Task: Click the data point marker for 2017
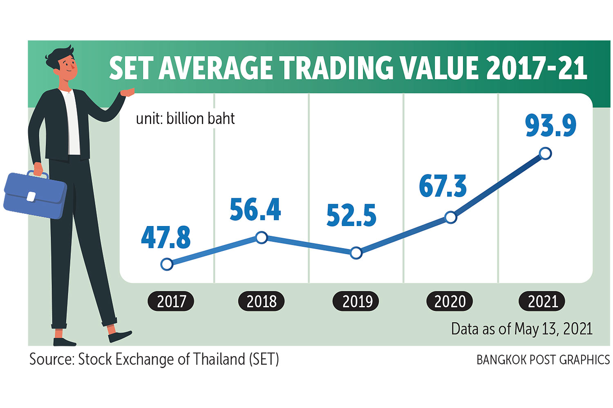pyautogui.click(x=167, y=264)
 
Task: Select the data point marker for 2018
pyautogui.click(x=262, y=237)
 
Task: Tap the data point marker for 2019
pyautogui.click(x=356, y=253)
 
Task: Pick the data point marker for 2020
pyautogui.click(x=450, y=217)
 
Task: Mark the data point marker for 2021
pyautogui.click(x=545, y=153)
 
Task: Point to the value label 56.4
pyautogui.click(x=255, y=210)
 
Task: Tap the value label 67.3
pyautogui.click(x=443, y=186)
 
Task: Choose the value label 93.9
pyautogui.click(x=550, y=126)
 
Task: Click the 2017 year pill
pyautogui.click(x=171, y=302)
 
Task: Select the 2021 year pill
pyautogui.click(x=542, y=302)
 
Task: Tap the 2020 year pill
pyautogui.click(x=450, y=302)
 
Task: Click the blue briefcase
pyautogui.click(x=35, y=195)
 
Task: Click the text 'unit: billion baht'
pyautogui.click(x=185, y=119)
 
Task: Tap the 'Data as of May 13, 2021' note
pyautogui.click(x=521, y=329)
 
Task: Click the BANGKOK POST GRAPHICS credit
pyautogui.click(x=543, y=360)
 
